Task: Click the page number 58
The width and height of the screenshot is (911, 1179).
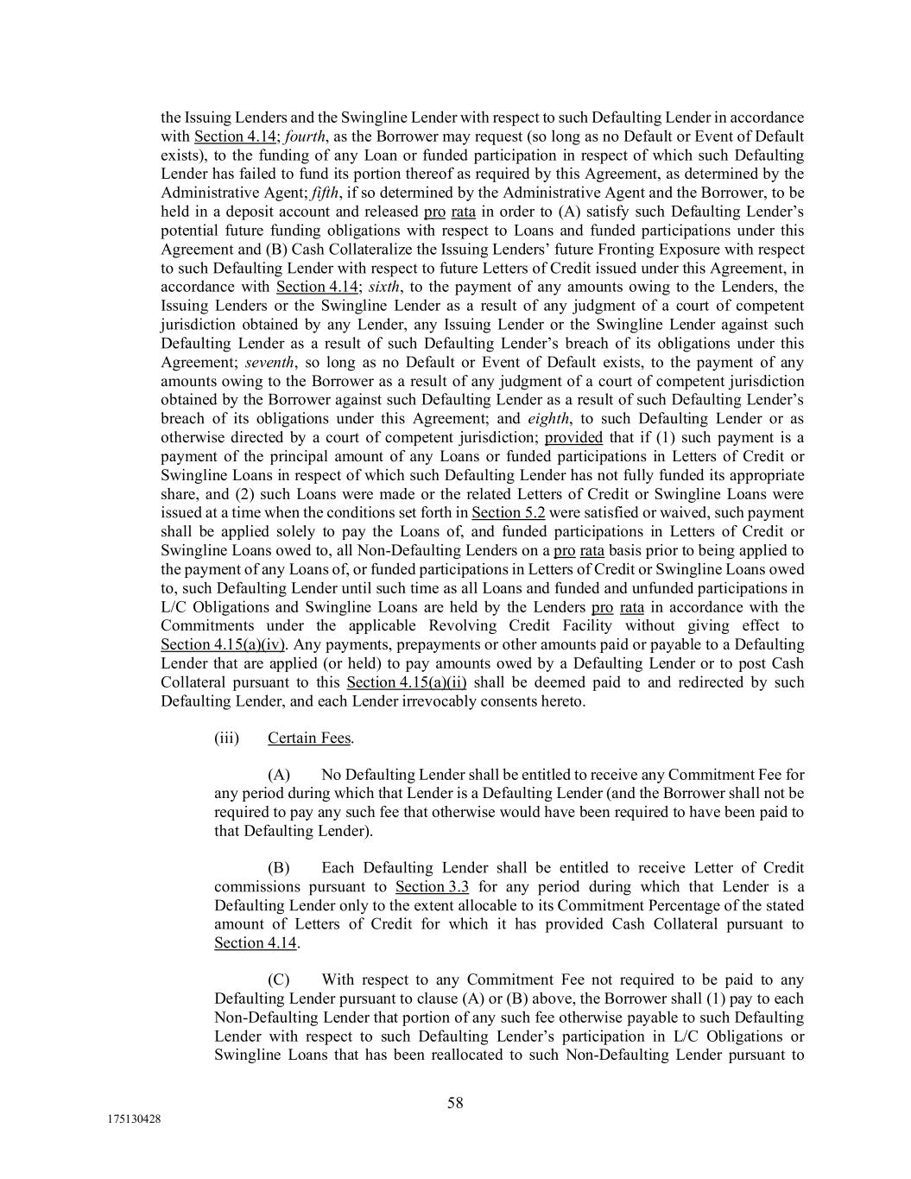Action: click(x=455, y=1102)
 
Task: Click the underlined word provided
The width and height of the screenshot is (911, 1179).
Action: click(x=573, y=437)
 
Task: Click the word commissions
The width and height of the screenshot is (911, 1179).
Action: click(x=257, y=887)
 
